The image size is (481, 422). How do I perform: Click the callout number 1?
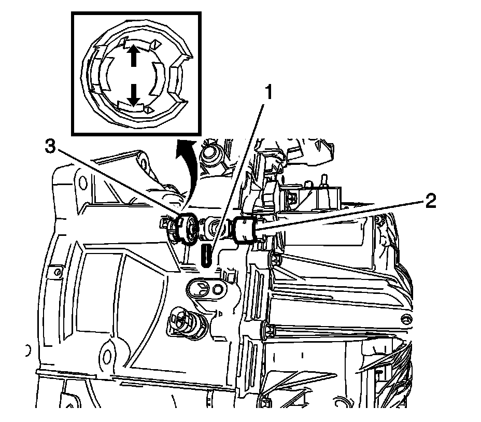[268, 93]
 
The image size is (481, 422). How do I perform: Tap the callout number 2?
[430, 202]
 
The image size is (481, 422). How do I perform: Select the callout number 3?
[50, 147]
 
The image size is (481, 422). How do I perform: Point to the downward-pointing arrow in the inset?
[133, 95]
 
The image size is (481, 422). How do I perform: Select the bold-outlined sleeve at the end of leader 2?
[244, 230]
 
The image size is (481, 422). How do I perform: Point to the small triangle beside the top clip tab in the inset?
[157, 45]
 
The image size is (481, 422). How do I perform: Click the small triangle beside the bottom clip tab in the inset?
[149, 109]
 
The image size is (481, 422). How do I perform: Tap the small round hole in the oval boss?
[218, 288]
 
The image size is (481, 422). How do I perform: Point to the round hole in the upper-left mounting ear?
[82, 183]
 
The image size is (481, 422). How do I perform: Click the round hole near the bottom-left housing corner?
[107, 356]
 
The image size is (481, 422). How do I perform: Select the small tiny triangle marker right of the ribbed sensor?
[220, 314]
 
